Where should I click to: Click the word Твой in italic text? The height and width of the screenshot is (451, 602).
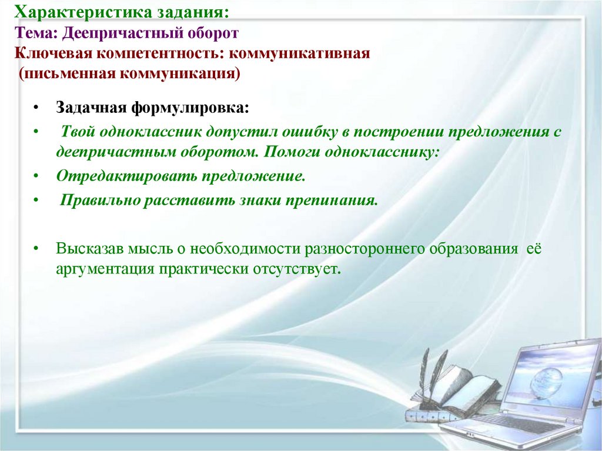(77, 131)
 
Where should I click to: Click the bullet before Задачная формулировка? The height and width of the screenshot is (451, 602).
(36, 109)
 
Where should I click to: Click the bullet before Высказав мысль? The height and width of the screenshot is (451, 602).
(36, 248)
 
